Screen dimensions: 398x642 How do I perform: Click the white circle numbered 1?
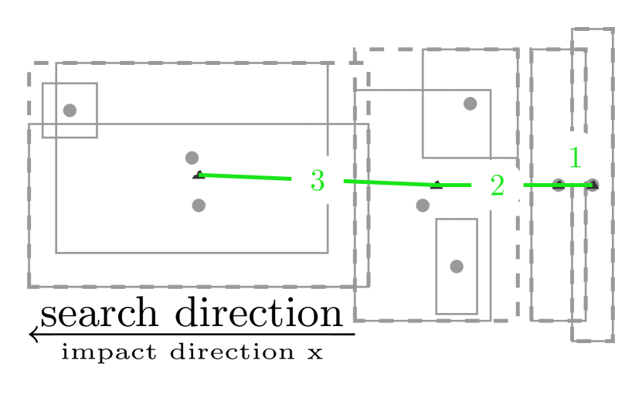click(x=575, y=158)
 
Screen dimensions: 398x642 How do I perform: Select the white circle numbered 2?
click(x=498, y=185)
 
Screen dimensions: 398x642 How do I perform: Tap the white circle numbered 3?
click(x=317, y=181)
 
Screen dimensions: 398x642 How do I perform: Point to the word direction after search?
click(x=258, y=314)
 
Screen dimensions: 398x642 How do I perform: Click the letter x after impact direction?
click(x=314, y=353)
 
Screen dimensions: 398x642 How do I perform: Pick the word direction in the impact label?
click(x=232, y=353)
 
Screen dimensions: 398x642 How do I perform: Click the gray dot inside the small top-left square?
click(x=70, y=110)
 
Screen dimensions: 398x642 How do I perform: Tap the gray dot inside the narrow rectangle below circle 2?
click(x=456, y=266)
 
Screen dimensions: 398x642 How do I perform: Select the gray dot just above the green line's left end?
click(x=192, y=158)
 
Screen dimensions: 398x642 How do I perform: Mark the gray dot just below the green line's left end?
click(x=199, y=205)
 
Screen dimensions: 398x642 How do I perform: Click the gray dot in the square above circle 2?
click(x=470, y=104)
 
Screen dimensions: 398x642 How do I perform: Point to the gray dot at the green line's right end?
click(x=593, y=184)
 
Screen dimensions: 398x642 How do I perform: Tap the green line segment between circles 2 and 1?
click(x=537, y=185)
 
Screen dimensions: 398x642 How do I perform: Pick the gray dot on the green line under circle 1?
click(x=559, y=185)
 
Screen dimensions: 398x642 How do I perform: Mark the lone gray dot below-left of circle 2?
click(x=423, y=205)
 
